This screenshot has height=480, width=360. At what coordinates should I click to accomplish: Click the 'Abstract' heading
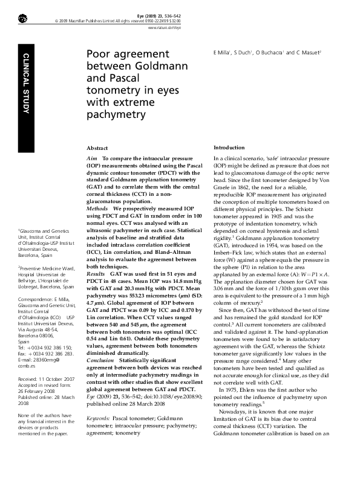click(x=98, y=148)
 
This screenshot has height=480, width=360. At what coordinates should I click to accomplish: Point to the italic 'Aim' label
click(x=92, y=157)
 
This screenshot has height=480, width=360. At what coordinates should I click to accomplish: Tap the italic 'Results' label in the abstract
click(x=97, y=274)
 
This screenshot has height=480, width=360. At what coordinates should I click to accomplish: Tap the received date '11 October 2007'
click(x=56, y=378)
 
